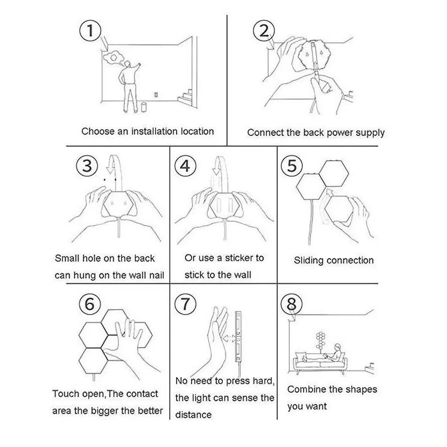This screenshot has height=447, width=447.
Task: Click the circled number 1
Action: pos(90,31)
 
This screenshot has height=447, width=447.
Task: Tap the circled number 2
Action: pos(264,31)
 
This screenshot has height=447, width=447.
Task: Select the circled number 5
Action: pos(292,166)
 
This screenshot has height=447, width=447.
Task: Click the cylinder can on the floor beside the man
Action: pos(143,107)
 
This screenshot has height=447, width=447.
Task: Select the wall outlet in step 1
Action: pos(156,94)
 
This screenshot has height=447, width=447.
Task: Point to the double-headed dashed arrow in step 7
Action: pos(230,338)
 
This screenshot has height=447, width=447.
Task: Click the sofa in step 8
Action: pos(320,362)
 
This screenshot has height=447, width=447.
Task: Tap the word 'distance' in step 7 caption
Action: pos(193,415)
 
